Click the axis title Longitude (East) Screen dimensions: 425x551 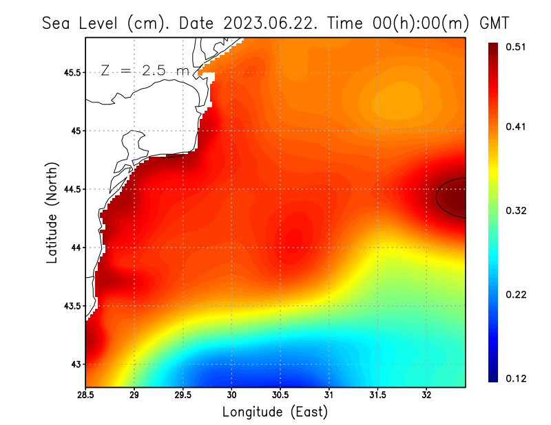click(275, 412)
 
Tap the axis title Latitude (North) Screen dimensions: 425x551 click(52, 212)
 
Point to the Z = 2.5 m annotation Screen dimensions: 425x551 click(144, 70)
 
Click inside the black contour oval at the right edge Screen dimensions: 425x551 click(453, 198)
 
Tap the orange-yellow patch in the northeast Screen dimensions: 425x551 click(396, 100)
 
